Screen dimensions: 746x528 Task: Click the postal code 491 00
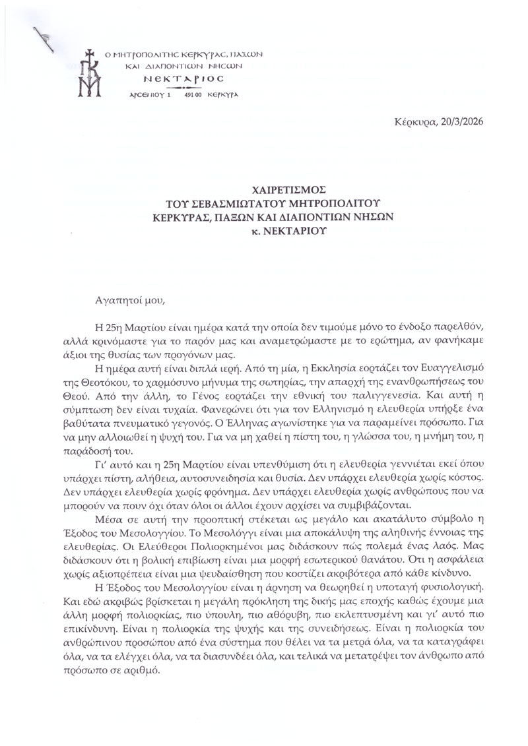click(x=193, y=95)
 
